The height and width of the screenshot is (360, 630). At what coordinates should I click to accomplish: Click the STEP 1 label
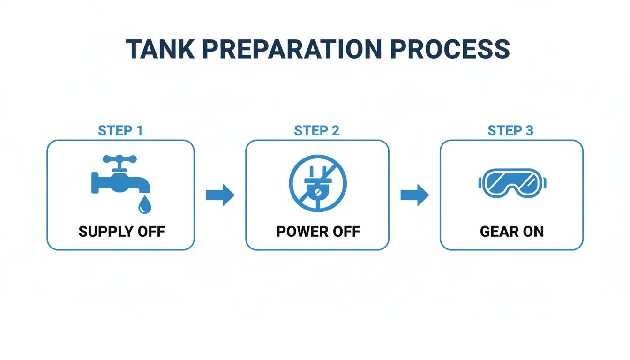120,131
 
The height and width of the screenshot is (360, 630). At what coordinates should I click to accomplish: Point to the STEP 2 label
317,131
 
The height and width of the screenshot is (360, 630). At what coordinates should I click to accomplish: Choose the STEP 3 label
510,131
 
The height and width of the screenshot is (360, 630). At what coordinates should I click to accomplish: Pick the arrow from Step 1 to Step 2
220,195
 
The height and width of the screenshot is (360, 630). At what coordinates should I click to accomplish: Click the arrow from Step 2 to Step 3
415,195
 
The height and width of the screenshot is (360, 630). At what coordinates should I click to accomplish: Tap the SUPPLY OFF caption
121,232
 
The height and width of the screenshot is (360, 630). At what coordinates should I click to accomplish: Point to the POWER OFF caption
318,232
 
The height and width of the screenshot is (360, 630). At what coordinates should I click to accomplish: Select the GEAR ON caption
512,232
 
